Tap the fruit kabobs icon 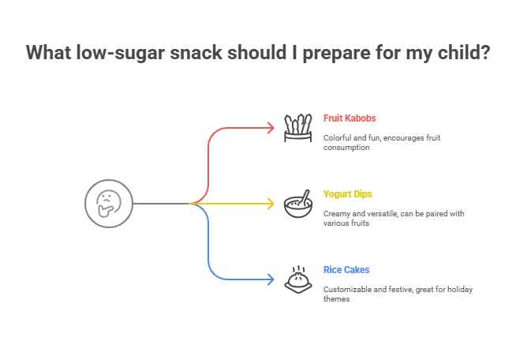click(297, 128)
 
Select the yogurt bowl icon click(297, 204)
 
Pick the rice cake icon click(297, 279)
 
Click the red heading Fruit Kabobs click(350, 118)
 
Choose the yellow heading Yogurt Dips click(348, 194)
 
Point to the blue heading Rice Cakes click(346, 270)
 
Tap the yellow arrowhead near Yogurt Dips click(270, 204)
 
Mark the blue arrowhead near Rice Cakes click(270, 279)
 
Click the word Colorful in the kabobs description click(337, 138)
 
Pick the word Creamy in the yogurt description click(336, 214)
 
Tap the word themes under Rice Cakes click(335, 299)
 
